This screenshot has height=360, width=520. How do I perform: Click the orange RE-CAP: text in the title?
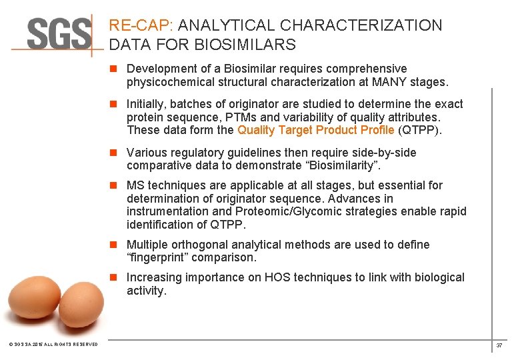tap(141, 26)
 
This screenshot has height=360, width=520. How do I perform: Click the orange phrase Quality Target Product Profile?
tap(315, 130)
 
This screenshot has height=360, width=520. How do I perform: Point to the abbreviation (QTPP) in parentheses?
tap(419, 130)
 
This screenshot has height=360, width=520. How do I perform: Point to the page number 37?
tap(499, 345)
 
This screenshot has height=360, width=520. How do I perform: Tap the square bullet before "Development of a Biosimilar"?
tap(115, 69)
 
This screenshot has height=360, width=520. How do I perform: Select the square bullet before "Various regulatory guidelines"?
tap(115, 153)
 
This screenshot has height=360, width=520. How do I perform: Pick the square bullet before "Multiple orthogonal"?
tap(115, 245)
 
